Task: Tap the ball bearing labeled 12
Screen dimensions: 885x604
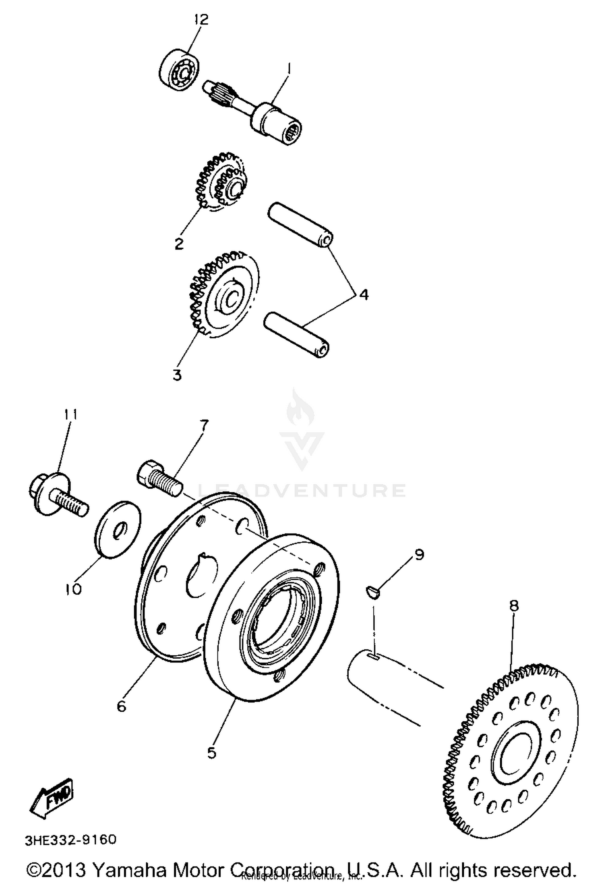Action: pyautogui.click(x=179, y=68)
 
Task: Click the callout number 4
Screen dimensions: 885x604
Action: pyautogui.click(x=363, y=294)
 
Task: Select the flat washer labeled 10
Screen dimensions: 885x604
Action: pyautogui.click(x=118, y=529)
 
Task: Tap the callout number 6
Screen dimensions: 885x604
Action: pyautogui.click(x=122, y=706)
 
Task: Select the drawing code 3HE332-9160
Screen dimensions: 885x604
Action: pyautogui.click(x=71, y=840)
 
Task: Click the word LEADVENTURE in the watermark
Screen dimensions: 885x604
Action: pyautogui.click(x=302, y=490)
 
